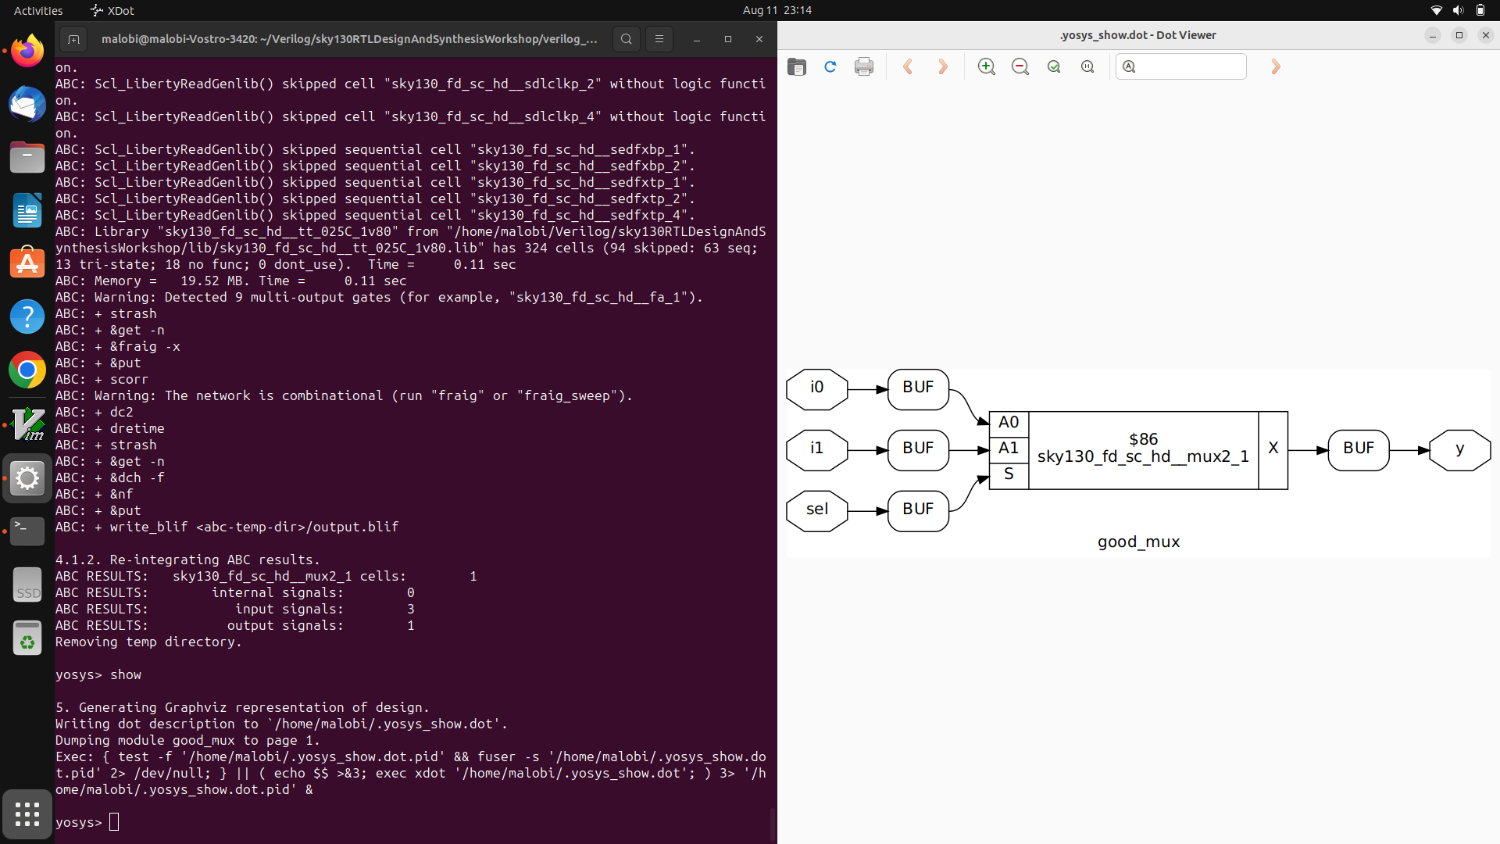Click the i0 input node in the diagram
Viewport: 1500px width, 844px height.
click(x=816, y=388)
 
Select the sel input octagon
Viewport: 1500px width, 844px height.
click(x=816, y=510)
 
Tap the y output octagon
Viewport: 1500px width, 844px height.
click(x=1459, y=449)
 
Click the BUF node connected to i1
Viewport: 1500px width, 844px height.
click(x=918, y=449)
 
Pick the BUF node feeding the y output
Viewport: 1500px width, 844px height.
click(x=1358, y=449)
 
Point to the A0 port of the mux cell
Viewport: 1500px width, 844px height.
click(x=1009, y=423)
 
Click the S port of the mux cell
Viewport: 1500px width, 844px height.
click(x=1009, y=474)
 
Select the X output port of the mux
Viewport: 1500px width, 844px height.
click(x=1273, y=449)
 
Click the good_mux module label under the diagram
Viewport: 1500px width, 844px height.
click(x=1138, y=542)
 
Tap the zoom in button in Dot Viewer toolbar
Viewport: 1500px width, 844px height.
click(x=987, y=67)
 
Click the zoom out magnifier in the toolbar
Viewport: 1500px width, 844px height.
click(x=1020, y=67)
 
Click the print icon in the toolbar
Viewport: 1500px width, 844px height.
click(x=864, y=67)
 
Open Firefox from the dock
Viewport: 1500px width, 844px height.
click(x=27, y=52)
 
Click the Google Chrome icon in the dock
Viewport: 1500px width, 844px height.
click(x=27, y=370)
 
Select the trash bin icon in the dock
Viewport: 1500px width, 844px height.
click(x=27, y=638)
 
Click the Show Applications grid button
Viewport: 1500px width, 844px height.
click(x=27, y=814)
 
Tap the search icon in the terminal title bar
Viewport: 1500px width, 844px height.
click(x=626, y=39)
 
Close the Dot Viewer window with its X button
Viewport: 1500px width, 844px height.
click(x=1486, y=35)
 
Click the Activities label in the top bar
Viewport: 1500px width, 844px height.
click(x=38, y=11)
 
